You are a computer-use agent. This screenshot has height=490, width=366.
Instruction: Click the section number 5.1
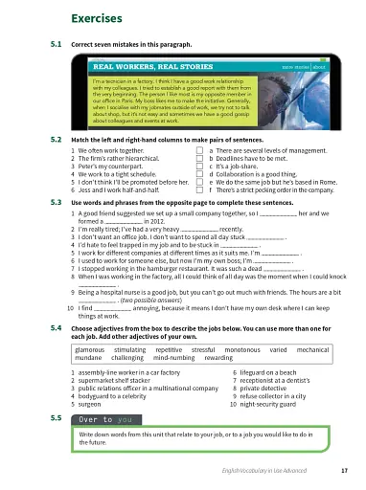(56, 45)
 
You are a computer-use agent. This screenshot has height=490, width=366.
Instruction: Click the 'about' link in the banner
(319, 68)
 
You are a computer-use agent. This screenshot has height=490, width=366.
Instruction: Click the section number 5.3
(56, 201)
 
